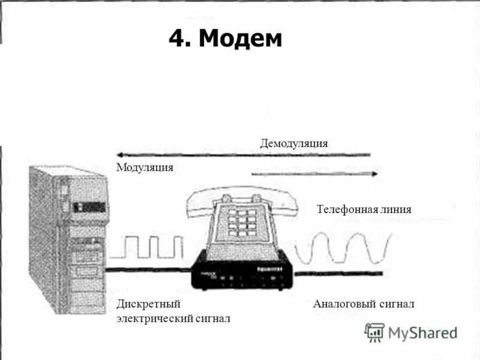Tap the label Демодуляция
coord(293,143)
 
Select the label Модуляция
coord(145,167)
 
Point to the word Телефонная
coord(346,209)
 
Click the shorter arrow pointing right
coord(314,174)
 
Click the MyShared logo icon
coord(374,332)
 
